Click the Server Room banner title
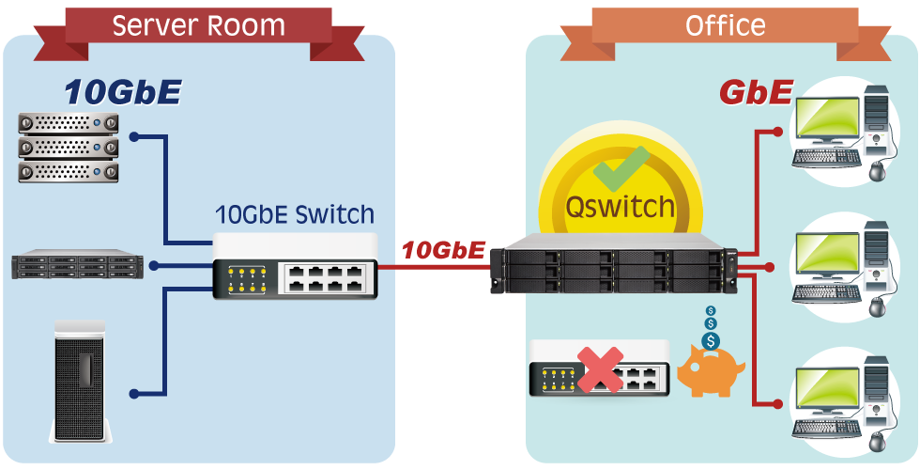198,24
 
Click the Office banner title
725,24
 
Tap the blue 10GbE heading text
122,92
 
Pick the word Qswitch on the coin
621,206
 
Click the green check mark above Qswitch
621,169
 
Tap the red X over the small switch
601,369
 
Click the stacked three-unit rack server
69,147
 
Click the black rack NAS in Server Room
77,266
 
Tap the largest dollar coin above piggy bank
711,340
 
